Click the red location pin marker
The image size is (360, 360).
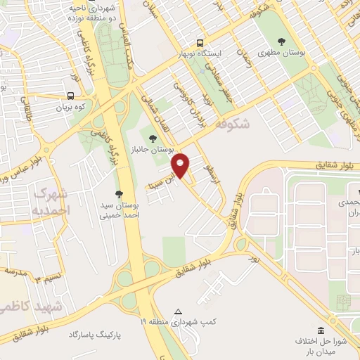(181, 165)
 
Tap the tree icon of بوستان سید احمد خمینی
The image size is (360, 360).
(117, 194)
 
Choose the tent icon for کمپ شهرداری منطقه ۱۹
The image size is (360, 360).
(178, 311)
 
